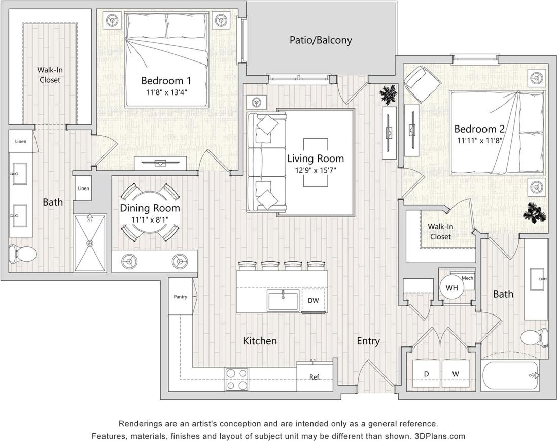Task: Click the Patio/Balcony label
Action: (320, 40)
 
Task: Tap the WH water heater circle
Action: (451, 288)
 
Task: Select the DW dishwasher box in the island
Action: (313, 300)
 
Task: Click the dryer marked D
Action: (426, 374)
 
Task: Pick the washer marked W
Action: (456, 374)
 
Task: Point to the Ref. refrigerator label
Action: (315, 377)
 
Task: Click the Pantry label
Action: (181, 297)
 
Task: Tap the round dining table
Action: (150, 213)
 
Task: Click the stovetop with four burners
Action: (237, 379)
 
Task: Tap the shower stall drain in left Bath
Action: (90, 243)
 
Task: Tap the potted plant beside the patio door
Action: (390, 94)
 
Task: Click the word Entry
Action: (368, 341)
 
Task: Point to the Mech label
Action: (467, 278)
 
